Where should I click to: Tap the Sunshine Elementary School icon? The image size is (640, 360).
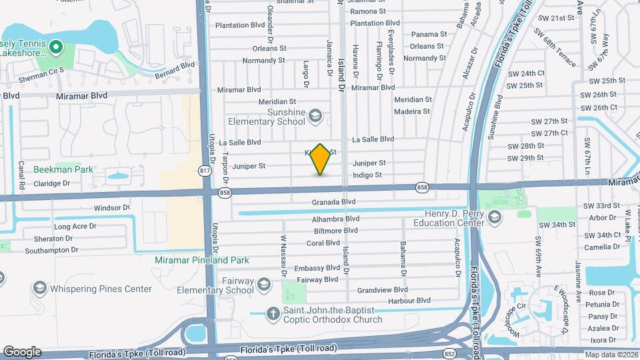(x=315, y=118)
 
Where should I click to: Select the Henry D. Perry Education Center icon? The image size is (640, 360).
(x=495, y=217)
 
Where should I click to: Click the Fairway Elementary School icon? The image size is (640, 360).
(x=264, y=285)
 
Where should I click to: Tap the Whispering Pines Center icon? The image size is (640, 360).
(x=39, y=289)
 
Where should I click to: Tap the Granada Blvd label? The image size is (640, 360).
(x=333, y=201)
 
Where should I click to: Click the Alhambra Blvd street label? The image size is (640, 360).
(x=335, y=219)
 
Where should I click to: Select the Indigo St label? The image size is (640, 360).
(x=367, y=175)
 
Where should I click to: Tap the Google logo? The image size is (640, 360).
(x=21, y=352)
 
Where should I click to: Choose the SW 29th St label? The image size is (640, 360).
(x=525, y=158)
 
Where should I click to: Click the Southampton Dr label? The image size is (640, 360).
(x=51, y=250)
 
